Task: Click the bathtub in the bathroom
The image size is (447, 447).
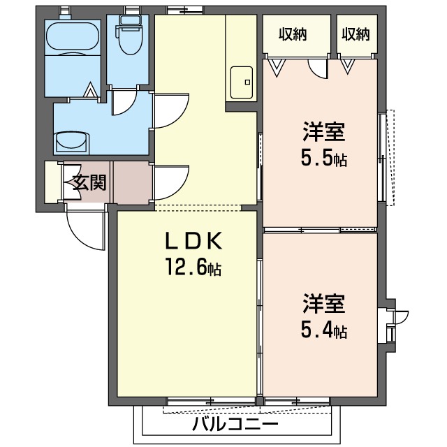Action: [73, 38]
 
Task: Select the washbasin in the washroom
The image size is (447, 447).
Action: [71, 140]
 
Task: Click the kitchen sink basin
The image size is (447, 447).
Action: [242, 82]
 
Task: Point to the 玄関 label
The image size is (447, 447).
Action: [89, 183]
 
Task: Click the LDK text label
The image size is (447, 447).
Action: [193, 241]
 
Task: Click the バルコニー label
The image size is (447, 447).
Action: [235, 425]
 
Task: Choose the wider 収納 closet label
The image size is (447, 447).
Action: [293, 34]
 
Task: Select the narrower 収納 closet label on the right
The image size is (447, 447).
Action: [356, 34]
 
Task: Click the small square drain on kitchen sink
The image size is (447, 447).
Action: [247, 82]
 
